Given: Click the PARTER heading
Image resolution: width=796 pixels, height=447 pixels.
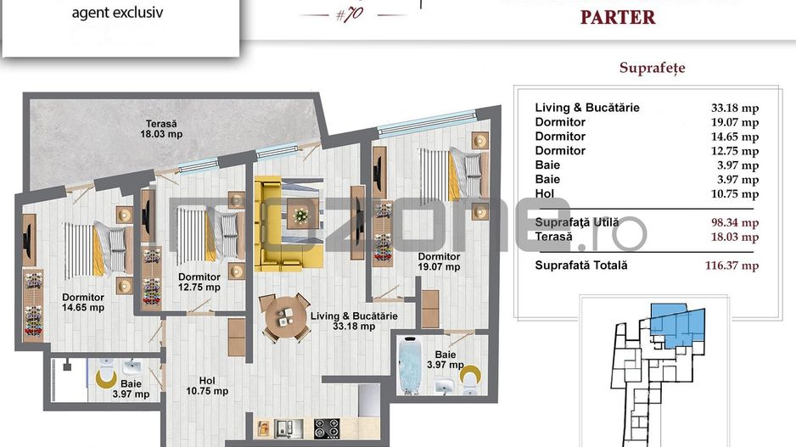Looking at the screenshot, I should tap(617, 18).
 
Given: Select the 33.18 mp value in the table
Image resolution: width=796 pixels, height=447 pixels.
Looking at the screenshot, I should tap(734, 108).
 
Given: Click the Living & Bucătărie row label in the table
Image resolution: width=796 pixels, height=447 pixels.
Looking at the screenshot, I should tap(587, 108).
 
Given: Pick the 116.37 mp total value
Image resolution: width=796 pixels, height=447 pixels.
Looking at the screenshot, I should tap(732, 265).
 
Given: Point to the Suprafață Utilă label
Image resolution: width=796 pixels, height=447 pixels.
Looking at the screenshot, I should tap(576, 223).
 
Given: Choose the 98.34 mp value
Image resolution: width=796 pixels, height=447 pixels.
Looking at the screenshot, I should tap(734, 223).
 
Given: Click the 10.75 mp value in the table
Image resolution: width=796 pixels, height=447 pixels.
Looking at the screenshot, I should tap(734, 193).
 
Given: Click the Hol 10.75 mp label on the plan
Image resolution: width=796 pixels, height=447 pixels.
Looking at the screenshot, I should tap(207, 385).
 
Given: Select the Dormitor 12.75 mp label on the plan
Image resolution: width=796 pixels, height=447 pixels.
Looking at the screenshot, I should tap(199, 282).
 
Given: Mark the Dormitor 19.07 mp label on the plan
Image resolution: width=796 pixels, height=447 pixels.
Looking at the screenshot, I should tap(439, 261).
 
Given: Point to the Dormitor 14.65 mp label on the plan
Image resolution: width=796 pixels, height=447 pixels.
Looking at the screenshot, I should tap(83, 303).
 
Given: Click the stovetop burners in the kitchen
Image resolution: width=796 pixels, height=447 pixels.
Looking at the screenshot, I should tap(326, 427).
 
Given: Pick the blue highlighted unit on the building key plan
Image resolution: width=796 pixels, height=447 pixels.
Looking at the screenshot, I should tap(679, 323).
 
